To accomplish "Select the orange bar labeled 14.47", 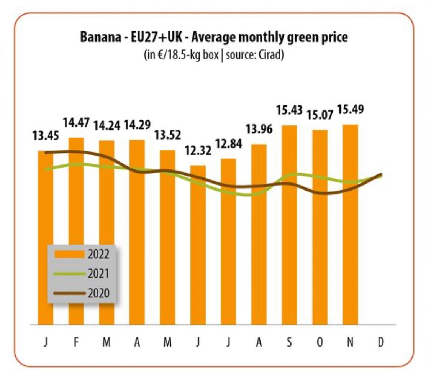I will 76,230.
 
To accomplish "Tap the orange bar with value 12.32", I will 198,245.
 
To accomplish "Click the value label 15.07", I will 320,115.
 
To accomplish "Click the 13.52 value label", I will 167,135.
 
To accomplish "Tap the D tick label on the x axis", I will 380,342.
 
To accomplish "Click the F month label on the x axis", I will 76,342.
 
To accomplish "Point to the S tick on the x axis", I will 289,342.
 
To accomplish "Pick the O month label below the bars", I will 320,342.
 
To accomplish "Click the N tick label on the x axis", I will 350,342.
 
